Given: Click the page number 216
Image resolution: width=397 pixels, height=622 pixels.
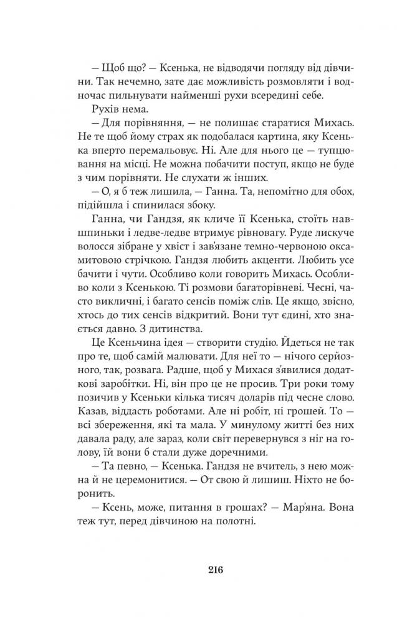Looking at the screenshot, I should coord(198,569).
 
